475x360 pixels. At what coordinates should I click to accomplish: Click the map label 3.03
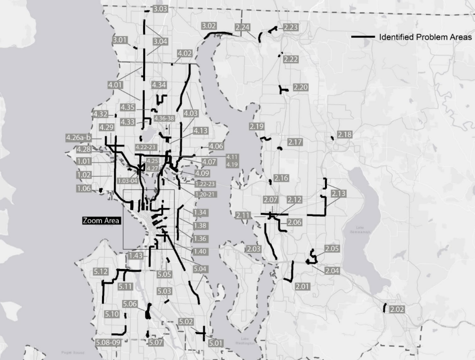click(x=160, y=9)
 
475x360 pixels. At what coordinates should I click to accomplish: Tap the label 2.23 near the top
click(x=291, y=27)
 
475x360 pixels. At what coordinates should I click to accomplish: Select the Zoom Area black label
click(x=101, y=221)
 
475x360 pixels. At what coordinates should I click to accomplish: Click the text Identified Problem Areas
click(x=425, y=37)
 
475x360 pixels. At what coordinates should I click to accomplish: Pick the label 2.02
click(x=397, y=309)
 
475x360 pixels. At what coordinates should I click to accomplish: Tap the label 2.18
click(x=345, y=135)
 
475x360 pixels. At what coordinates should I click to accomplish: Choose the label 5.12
click(x=100, y=271)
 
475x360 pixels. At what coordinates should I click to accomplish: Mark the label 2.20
click(x=301, y=87)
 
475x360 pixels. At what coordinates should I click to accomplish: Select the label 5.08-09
click(x=109, y=342)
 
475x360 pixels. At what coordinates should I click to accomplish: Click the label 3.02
click(x=210, y=25)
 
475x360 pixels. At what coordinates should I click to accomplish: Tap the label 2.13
click(x=340, y=193)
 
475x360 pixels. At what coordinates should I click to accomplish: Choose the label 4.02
click(x=184, y=53)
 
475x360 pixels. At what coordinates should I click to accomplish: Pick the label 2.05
click(x=332, y=248)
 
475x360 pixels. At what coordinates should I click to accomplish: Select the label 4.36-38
click(x=164, y=118)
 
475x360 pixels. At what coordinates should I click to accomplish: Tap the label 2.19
click(x=257, y=126)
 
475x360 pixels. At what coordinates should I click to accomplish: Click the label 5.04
click(x=200, y=269)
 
